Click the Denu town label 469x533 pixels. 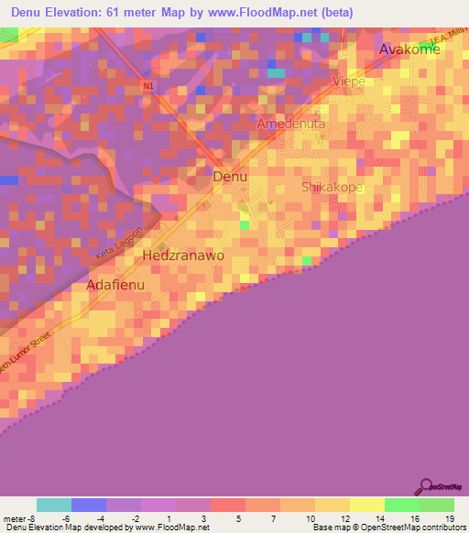pyautogui.click(x=229, y=177)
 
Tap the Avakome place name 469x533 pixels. pyautogui.click(x=410, y=49)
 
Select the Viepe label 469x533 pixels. pyautogui.click(x=349, y=82)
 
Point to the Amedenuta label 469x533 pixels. pyautogui.click(x=291, y=124)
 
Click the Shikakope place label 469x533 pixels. pyautogui.click(x=333, y=187)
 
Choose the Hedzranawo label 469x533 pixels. pyautogui.click(x=184, y=256)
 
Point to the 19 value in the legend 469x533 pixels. pyautogui.click(x=450, y=518)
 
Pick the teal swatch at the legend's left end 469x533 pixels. pyautogui.click(x=53, y=505)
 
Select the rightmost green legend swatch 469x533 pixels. pyautogui.click(x=436, y=505)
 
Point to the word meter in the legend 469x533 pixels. pyautogui.click(x=13, y=518)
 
